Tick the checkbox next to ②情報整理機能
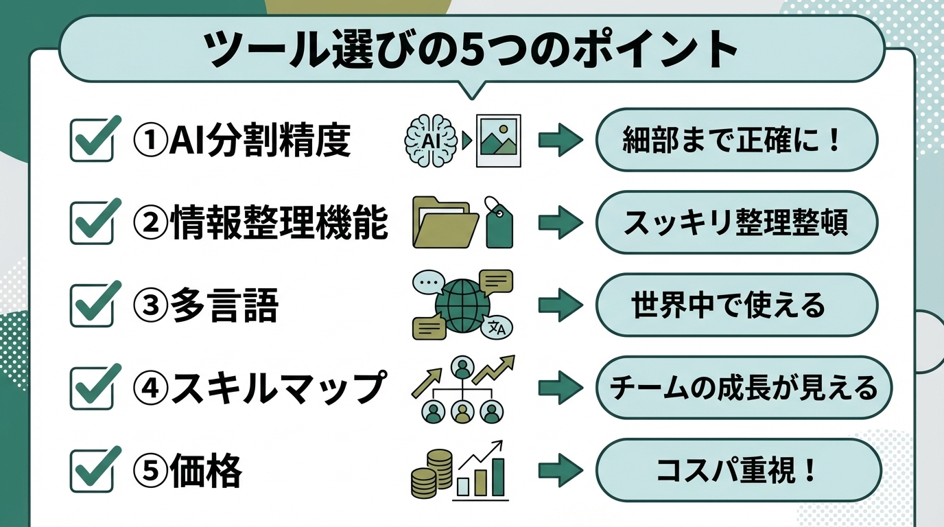point(91,224)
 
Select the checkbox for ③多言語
point(91,306)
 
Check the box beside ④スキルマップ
point(91,388)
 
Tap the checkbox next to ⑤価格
point(91,471)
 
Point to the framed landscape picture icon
point(498,141)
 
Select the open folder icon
point(440,222)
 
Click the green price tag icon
point(499,224)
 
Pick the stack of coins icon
point(432,473)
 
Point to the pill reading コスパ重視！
point(737,471)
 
